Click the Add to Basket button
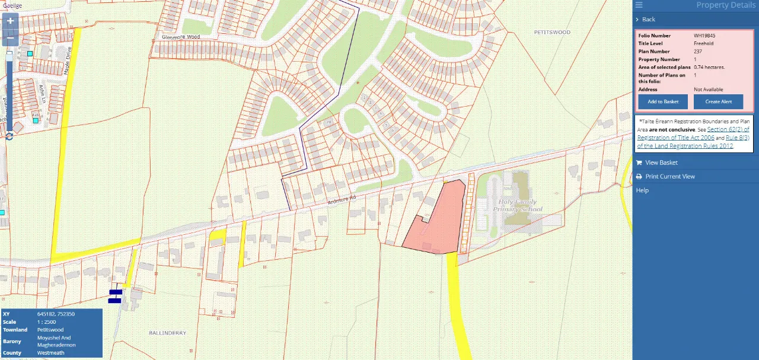[663, 101]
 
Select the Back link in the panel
[649, 20]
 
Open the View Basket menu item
[661, 163]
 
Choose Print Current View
[670, 177]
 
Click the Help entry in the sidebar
[642, 190]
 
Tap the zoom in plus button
[10, 21]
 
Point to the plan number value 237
[698, 52]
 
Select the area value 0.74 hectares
[709, 67]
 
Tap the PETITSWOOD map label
[551, 32]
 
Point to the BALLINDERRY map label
[167, 333]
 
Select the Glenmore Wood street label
[181, 37]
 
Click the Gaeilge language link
[12, 5]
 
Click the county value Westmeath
[50, 353]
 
